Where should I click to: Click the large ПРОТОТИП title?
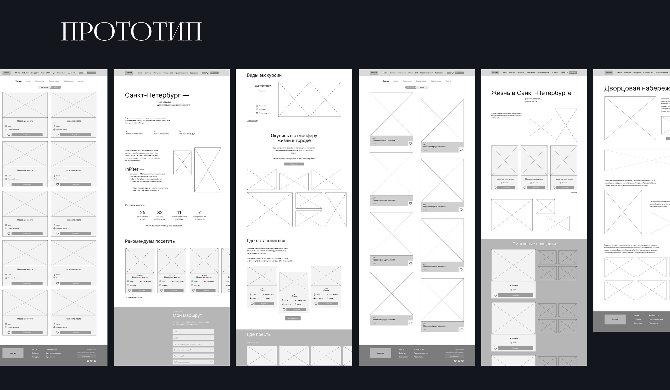(132, 31)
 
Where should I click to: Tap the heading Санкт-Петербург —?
(157, 95)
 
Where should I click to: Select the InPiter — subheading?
(134, 169)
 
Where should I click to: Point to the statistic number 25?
(143, 213)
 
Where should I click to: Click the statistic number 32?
(160, 213)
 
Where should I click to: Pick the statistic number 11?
(179, 213)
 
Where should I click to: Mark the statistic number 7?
(199, 212)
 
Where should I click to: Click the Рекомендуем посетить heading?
(150, 241)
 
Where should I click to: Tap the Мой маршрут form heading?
(187, 315)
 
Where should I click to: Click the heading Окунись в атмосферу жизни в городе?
(294, 138)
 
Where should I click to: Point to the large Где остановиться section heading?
(266, 241)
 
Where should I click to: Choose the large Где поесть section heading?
(259, 335)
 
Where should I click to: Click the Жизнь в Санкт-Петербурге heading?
(531, 93)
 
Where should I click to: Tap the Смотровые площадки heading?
(534, 244)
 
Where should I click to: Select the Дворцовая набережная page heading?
(637, 88)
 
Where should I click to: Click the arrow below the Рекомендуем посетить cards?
(215, 296)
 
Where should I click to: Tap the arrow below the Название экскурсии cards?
(574, 192)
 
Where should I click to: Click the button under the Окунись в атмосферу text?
(294, 164)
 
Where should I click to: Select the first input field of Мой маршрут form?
(193, 332)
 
